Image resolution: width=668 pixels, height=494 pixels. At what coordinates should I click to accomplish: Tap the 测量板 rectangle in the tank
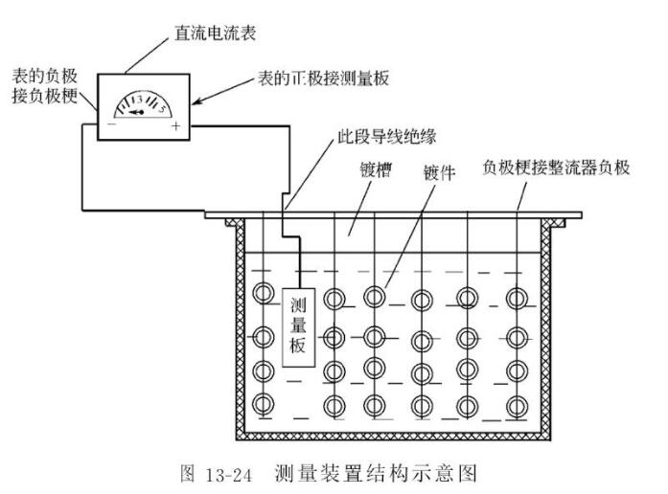297,324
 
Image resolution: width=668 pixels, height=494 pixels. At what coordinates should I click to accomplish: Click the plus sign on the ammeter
176,124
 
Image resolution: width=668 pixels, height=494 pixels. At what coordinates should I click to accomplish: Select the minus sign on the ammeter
113,124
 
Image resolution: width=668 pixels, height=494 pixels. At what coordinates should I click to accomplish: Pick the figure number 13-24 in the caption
234,472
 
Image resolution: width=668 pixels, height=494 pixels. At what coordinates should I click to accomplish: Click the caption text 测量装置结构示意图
376,472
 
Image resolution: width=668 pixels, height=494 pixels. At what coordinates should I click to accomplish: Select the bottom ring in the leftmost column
265,403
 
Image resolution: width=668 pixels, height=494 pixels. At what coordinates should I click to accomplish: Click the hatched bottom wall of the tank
393,437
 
